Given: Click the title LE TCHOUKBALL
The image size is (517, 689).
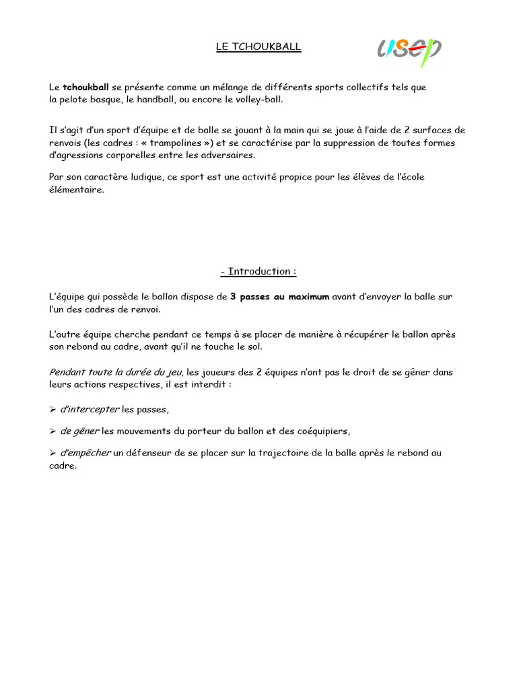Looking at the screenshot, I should coord(258,47).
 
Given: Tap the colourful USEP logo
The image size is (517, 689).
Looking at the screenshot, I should coord(409,50).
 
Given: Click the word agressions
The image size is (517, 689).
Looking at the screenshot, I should coord(83,155).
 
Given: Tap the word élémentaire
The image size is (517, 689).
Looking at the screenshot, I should coord(76,190).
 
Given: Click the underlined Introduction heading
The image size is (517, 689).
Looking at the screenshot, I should coord(258,271).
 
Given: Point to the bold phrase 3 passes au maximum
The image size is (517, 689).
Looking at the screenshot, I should coord(279,296).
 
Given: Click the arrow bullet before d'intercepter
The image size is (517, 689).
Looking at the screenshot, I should coord(53,409).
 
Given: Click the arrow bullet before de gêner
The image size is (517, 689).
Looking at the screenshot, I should coord(53,431).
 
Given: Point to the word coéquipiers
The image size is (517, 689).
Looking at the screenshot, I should coord(320,431).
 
